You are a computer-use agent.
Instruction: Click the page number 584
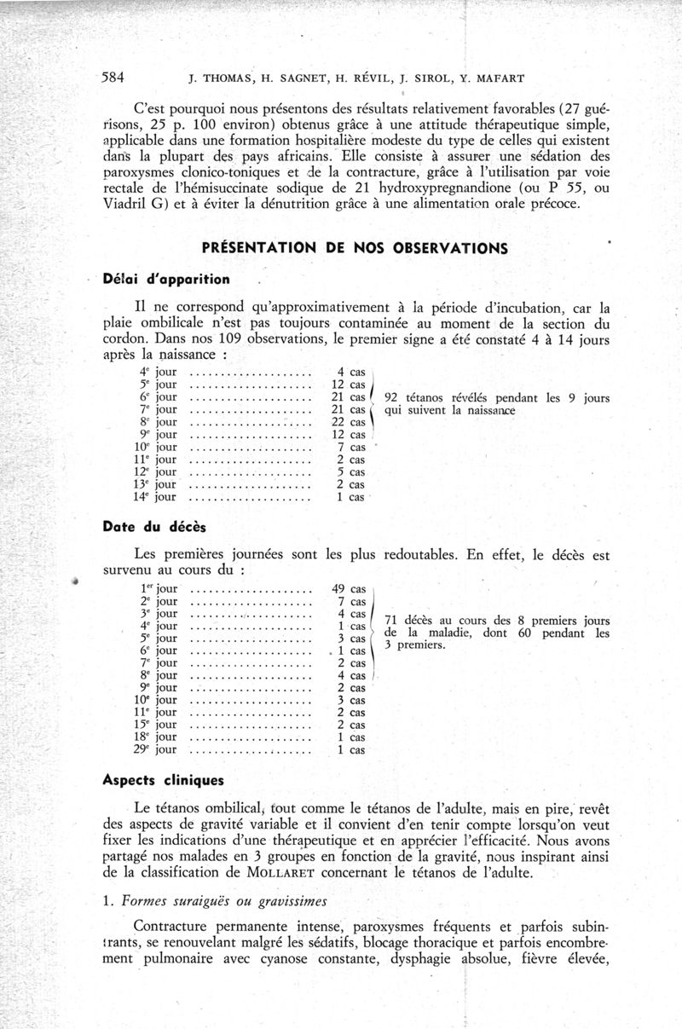point(113,78)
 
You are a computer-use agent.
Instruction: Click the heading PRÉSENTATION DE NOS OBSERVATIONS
point(354,248)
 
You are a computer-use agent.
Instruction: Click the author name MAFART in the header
point(498,78)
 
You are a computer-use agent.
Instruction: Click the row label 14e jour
point(155,497)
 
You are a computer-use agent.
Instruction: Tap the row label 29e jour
point(155,750)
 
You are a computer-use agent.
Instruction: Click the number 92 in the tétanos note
point(393,397)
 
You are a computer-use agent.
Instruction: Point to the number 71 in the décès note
point(393,620)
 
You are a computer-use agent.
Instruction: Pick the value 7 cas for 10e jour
point(350,447)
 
